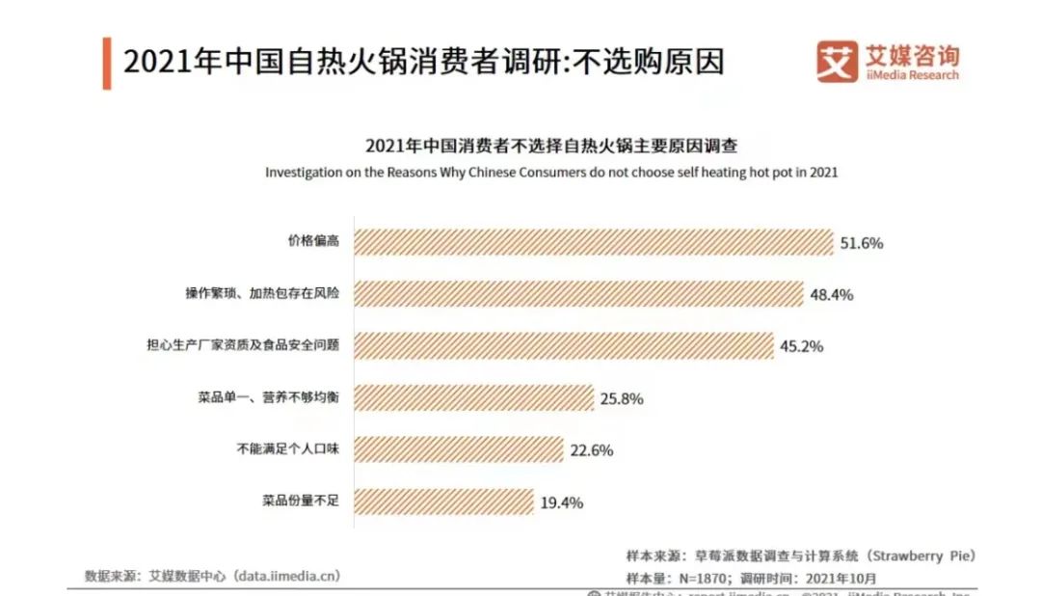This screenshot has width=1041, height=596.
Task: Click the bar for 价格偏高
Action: [593, 242]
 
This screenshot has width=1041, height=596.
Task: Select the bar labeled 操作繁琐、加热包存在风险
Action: [578, 294]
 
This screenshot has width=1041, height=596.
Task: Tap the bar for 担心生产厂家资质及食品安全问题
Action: [564, 346]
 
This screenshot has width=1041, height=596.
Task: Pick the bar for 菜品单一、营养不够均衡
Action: [473, 397]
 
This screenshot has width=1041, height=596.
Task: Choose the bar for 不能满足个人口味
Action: [459, 449]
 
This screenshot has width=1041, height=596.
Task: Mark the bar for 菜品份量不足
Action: [443, 501]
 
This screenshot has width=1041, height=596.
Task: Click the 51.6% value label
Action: [861, 243]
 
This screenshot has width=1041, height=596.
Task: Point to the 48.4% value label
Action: [831, 295]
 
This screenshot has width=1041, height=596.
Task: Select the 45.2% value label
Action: [801, 346]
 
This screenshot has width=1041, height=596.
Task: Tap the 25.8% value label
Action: [621, 398]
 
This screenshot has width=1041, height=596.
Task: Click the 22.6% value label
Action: [591, 450]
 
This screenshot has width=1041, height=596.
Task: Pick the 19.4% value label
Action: [561, 501]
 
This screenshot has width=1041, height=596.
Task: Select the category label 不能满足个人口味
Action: [289, 449]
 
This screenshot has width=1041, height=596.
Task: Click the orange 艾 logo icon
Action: [836, 61]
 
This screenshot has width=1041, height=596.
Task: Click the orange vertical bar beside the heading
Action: [106, 63]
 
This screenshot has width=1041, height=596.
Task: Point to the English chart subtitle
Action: [551, 173]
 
